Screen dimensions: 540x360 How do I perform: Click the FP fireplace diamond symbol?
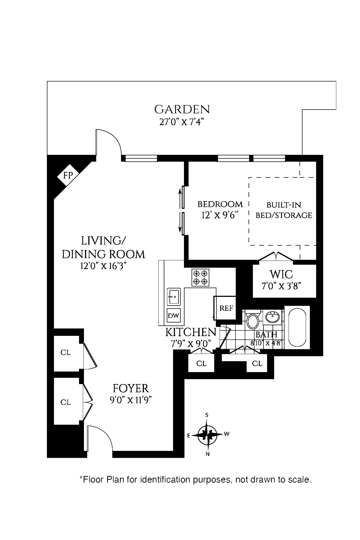tap(68, 175)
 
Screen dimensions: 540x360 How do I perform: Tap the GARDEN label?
tap(182, 110)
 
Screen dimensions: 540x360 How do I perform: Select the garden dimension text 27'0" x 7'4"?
tap(182, 122)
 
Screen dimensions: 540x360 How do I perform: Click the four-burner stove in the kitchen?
tap(200, 277)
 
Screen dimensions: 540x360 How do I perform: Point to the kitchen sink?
tap(174, 296)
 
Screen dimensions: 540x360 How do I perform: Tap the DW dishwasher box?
tap(174, 316)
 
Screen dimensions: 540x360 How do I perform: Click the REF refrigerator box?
tap(226, 308)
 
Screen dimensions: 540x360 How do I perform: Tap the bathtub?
tap(297, 327)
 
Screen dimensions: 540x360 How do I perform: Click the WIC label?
tap(281, 274)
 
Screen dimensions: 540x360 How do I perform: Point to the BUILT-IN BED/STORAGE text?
tap(284, 210)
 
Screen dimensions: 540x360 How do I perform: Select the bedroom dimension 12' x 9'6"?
tap(220, 215)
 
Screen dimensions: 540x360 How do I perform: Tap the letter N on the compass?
tap(208, 454)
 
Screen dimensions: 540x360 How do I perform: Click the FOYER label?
tap(131, 388)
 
